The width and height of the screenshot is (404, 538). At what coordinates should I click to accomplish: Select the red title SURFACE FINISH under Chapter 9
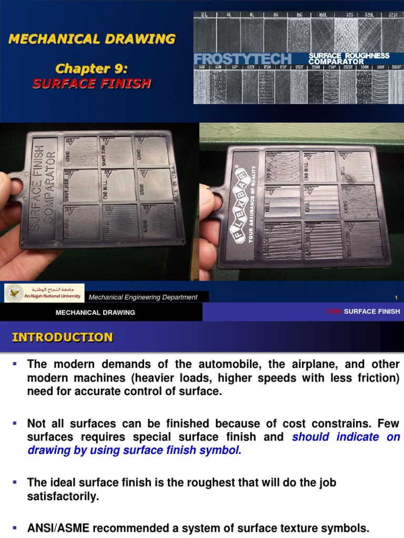pos(92,83)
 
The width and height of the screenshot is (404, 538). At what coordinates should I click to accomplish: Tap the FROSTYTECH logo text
pos(243,58)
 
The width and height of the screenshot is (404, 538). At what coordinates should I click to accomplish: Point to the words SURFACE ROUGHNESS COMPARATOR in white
pos(349,58)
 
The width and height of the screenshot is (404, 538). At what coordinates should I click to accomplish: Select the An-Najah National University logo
pos(44,293)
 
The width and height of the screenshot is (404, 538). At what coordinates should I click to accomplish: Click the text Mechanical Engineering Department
pos(143,297)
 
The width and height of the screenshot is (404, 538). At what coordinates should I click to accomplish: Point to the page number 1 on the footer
pos(396,297)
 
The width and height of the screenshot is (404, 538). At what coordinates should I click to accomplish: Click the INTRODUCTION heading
pos(62,337)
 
